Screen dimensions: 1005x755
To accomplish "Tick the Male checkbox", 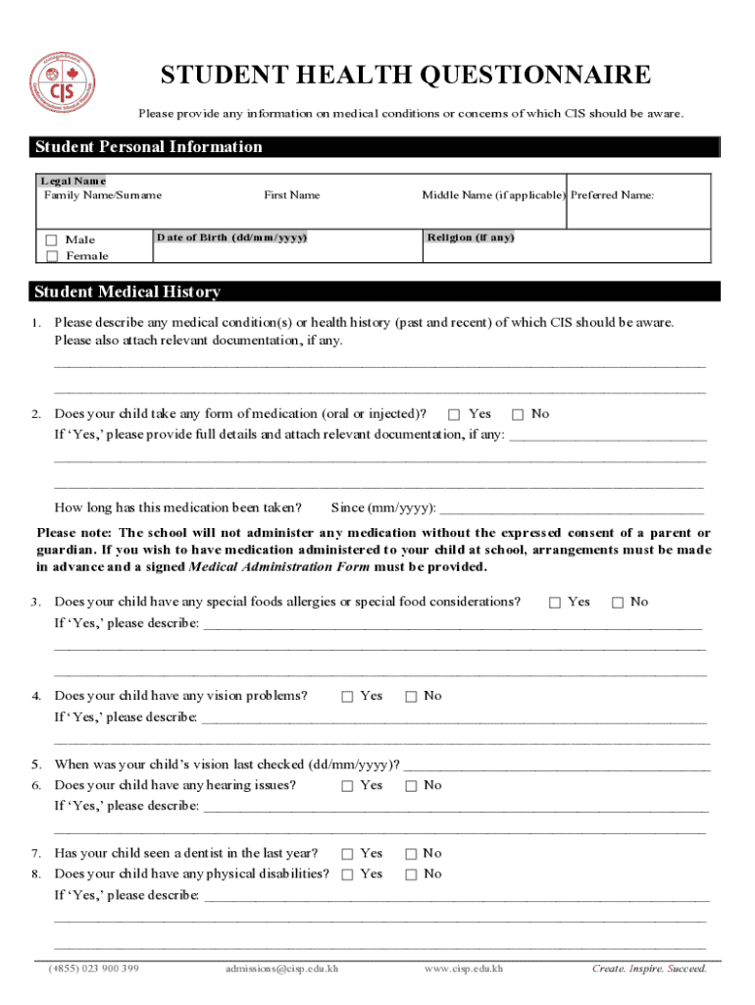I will (52, 239).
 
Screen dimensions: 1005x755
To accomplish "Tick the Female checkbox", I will (52, 256).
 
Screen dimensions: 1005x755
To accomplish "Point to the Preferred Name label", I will (612, 195).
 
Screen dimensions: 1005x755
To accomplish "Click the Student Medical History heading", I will (127, 291).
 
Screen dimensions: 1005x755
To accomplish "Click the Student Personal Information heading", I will (148, 147).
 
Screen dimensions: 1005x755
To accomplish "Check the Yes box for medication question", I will (454, 414).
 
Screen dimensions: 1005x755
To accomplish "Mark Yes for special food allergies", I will (555, 602).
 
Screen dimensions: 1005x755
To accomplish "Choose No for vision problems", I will (412, 696).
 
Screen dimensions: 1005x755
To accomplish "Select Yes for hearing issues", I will (347, 785).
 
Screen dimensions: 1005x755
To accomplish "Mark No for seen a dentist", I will (412, 854).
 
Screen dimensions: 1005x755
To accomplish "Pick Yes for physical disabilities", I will (347, 873).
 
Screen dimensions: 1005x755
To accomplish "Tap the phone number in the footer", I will (94, 970).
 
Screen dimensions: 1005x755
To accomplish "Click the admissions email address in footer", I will (281, 970).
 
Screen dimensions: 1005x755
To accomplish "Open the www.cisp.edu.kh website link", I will (464, 970).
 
